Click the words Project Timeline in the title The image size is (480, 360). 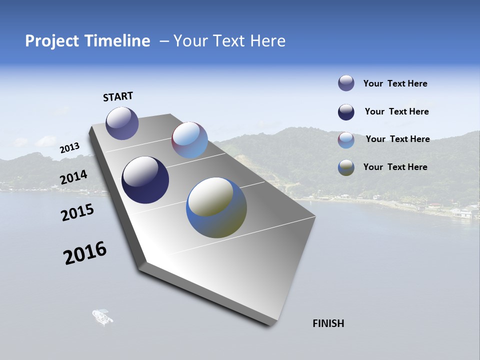87,41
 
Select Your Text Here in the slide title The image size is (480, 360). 229,41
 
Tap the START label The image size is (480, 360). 118,96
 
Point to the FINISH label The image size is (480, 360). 328,323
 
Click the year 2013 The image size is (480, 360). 69,147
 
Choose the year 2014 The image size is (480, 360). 73,177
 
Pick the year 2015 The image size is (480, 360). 77,212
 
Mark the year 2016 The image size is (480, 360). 85,253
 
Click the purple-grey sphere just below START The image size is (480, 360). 122,123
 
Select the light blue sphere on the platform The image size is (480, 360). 189,140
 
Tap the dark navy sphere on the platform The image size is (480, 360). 145,180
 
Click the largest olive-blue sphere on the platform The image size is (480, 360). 216,207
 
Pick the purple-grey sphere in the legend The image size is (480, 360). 346,83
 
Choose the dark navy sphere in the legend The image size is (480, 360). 346,112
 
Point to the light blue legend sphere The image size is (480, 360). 346,140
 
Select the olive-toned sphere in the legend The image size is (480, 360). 346,167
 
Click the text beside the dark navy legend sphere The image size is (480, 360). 396,111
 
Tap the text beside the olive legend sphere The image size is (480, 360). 395,167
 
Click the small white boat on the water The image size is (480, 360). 102,316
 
